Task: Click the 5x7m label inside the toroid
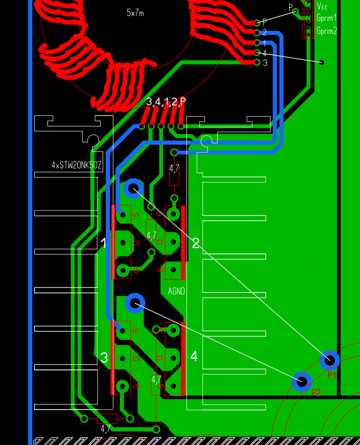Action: [x=135, y=13]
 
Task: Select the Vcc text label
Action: [x=322, y=6]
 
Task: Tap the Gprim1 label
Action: [x=326, y=18]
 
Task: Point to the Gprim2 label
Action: [x=326, y=31]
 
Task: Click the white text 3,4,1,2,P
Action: [x=166, y=102]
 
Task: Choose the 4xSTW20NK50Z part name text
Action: [x=76, y=165]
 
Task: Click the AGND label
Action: [x=176, y=291]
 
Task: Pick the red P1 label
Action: [x=332, y=376]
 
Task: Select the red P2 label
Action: [x=316, y=392]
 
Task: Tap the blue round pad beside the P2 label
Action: [x=302, y=381]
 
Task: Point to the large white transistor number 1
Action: [x=104, y=243]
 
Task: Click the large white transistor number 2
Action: [x=196, y=243]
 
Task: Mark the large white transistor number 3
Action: [x=104, y=357]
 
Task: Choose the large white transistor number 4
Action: [x=194, y=356]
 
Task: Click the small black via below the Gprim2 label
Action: [x=322, y=62]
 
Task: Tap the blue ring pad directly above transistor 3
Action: [x=135, y=303]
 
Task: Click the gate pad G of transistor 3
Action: [x=122, y=386]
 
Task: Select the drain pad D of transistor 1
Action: [x=123, y=242]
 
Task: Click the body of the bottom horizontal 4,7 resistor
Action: [x=107, y=418]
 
